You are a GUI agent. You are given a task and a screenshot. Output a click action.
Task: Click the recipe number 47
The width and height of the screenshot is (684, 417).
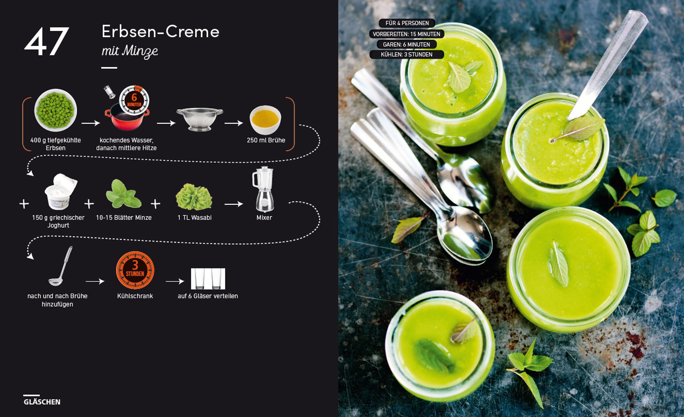tap(47, 41)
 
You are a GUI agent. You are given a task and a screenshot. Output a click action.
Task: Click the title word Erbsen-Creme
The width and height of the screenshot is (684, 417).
tap(160, 32)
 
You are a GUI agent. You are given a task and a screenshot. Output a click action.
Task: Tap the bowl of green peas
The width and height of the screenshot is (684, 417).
tap(56, 110)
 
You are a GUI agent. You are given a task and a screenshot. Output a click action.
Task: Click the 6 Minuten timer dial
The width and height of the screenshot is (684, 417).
tap(134, 100)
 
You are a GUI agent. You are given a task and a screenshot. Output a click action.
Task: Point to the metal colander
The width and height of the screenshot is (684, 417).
tap(200, 119)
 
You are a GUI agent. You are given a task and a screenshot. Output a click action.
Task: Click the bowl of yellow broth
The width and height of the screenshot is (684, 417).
tap(265, 119)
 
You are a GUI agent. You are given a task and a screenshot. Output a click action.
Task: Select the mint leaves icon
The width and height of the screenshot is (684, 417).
tap(123, 194)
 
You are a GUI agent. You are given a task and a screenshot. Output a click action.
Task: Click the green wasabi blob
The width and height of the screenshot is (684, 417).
tap(194, 197)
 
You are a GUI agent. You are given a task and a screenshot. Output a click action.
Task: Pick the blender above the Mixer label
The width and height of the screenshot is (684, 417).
tap(263, 189)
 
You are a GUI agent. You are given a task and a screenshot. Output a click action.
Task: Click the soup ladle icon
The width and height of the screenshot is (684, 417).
tap(61, 266)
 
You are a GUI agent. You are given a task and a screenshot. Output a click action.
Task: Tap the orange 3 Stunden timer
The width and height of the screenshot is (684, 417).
tap(135, 270)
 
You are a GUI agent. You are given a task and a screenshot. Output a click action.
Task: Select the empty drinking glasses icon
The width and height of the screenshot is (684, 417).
tap(208, 279)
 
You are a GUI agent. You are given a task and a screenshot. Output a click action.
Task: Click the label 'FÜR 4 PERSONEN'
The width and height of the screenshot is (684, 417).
tap(407, 23)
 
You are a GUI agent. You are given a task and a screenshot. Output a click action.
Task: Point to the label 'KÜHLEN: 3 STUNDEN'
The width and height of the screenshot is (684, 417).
tap(407, 55)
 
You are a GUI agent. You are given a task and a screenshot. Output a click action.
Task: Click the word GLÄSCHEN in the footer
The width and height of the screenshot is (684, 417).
tap(42, 402)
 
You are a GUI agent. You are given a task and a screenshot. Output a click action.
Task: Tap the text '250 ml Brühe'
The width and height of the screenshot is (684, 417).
tap(266, 140)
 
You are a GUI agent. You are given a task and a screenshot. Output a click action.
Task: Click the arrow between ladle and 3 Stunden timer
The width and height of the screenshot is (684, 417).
tap(95, 282)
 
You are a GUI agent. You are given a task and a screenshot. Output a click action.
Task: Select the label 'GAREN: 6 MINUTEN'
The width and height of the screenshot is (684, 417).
tap(407, 45)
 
